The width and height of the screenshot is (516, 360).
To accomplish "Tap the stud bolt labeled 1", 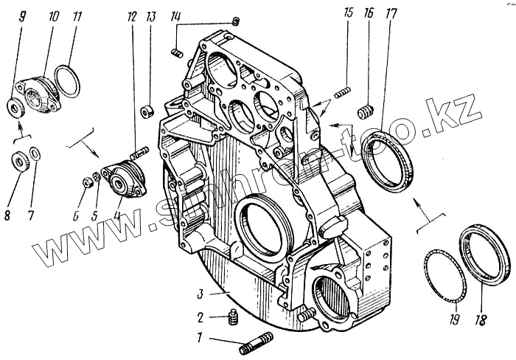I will click(x=256, y=342).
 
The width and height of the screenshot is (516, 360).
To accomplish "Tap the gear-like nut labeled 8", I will click(x=21, y=159).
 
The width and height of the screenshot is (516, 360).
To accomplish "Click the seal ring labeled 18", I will click(x=484, y=257).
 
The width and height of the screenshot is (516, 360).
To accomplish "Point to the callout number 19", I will click(x=453, y=320).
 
